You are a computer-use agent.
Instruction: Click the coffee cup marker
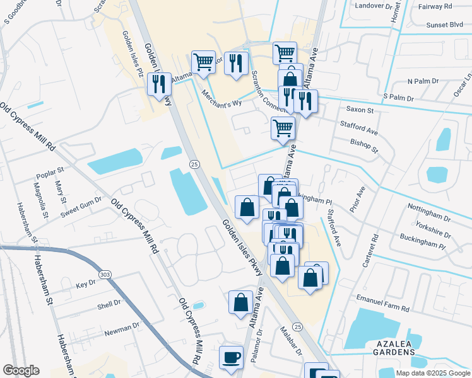pos(230,357)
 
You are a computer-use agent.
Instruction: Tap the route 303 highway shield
pos(105,275)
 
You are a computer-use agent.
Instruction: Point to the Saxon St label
pos(360,110)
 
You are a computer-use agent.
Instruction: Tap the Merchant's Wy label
pos(221,99)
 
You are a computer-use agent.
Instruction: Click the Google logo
pos(21,370)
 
